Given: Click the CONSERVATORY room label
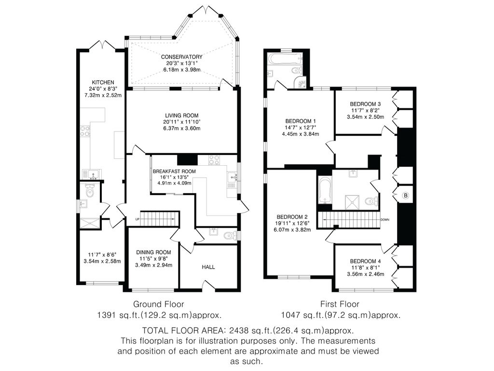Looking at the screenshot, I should pyautogui.click(x=181, y=57).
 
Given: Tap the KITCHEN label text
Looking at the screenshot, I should pyautogui.click(x=103, y=82).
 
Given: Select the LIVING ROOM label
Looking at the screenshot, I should pyautogui.click(x=181, y=115).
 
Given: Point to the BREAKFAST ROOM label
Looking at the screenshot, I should pyautogui.click(x=174, y=171).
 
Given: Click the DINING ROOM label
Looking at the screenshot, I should pyautogui.click(x=153, y=252).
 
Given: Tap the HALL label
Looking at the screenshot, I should pyautogui.click(x=208, y=267).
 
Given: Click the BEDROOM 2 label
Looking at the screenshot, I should pyautogui.click(x=293, y=217).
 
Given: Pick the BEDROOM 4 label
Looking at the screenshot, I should pyautogui.click(x=365, y=261).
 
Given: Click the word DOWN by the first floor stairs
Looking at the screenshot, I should pyautogui.click(x=385, y=219).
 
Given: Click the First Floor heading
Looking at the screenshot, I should pyautogui.click(x=340, y=304).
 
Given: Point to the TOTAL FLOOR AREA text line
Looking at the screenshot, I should pyautogui.click(x=248, y=331).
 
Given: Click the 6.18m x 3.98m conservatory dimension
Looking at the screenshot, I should pyautogui.click(x=181, y=70).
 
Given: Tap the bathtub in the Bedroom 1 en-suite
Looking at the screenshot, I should pyautogui.click(x=280, y=59).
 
